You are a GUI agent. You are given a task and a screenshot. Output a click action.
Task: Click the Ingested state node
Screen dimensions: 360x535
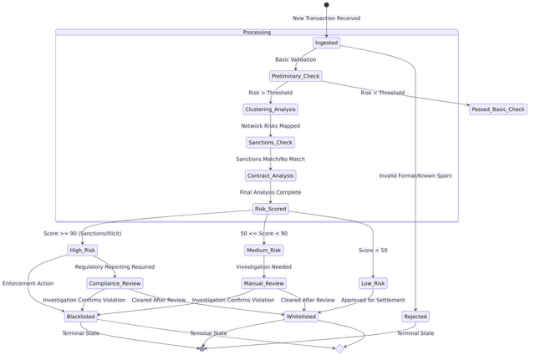pos(326,43)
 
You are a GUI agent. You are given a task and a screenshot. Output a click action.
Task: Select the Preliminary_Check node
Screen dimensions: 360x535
pos(295,76)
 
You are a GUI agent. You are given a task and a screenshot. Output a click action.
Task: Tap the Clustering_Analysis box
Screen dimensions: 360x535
pos(270,109)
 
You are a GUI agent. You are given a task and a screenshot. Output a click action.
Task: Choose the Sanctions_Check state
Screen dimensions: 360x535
pos(270,143)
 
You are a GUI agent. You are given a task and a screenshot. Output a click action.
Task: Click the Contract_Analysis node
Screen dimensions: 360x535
pos(270,175)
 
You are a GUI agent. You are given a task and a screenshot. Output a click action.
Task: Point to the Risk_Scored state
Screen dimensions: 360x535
pos(270,209)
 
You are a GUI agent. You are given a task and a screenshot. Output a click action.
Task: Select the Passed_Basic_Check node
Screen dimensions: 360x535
pos(497,109)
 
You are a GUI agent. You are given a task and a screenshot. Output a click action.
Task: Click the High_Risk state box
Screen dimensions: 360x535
pos(82,250)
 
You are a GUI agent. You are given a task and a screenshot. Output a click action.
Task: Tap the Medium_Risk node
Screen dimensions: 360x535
pos(263,250)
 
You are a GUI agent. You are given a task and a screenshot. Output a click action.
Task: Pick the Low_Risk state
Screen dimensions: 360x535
pos(373,283)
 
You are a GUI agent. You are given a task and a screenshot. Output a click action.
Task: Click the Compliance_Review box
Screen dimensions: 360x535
pos(115,283)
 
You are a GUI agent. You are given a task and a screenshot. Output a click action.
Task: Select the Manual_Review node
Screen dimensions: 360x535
pos(263,283)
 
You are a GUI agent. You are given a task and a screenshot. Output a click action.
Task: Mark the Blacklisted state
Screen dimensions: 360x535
pos(80,317)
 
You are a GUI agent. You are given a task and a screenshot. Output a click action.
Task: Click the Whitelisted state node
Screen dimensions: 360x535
pos(301,317)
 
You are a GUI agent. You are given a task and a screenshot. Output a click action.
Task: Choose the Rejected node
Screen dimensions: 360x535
pos(415,317)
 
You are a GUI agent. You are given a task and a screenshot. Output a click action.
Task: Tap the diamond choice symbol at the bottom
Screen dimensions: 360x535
pos(339,348)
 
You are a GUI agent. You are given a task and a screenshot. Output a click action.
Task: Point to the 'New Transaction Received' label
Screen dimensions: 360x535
pos(326,18)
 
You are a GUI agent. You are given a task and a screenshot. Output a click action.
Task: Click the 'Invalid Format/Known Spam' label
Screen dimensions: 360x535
pos(415,175)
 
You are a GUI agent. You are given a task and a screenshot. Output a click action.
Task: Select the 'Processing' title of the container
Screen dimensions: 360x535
pos(257,33)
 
